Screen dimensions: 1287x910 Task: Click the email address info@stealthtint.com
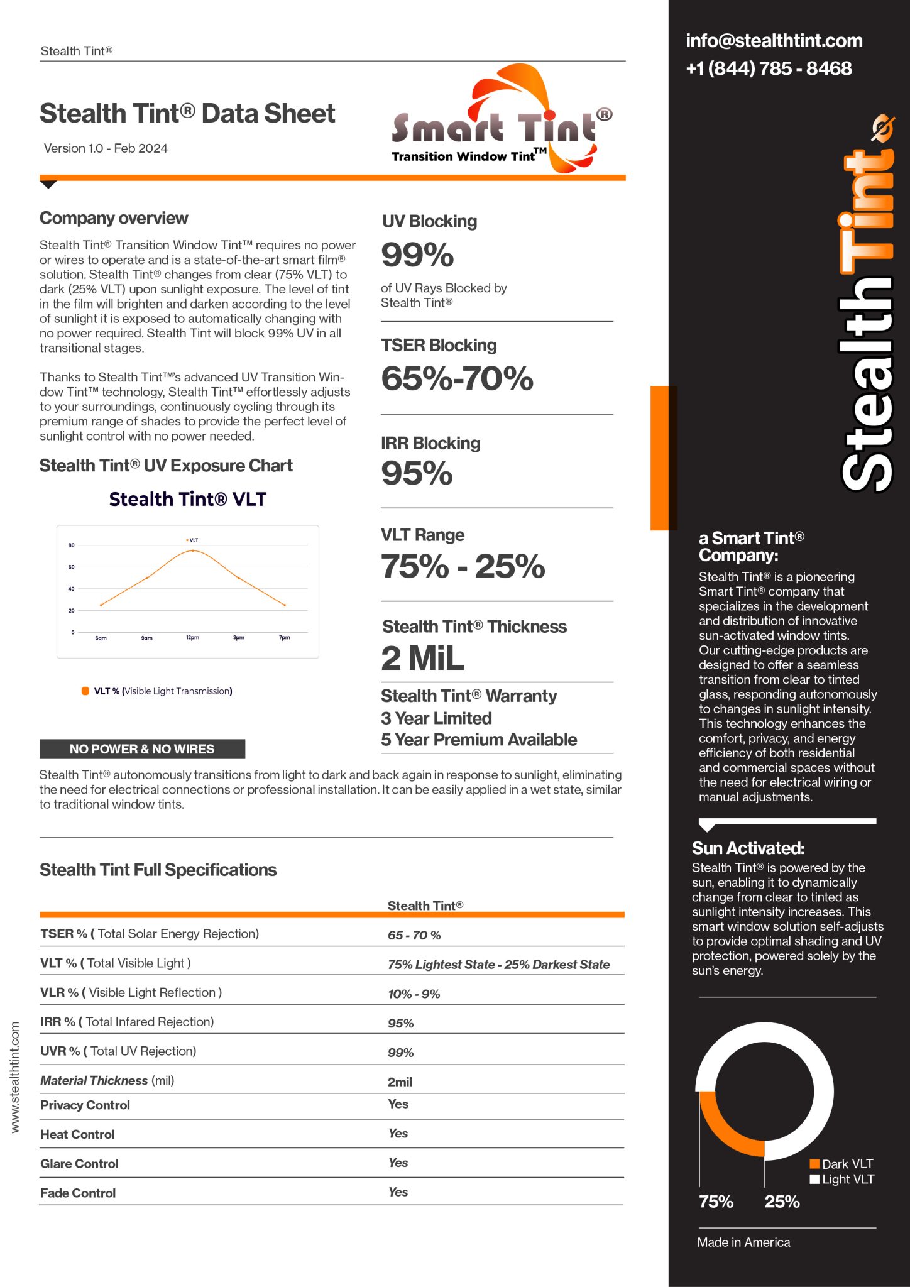(774, 41)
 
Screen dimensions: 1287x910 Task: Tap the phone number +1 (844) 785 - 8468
(769, 68)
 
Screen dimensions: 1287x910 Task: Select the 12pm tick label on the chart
(192, 637)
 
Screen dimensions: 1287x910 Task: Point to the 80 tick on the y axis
(72, 545)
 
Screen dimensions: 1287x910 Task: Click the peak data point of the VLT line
(192, 550)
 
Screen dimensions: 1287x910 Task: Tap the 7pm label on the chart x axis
(285, 637)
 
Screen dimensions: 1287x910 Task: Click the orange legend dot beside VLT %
(85, 691)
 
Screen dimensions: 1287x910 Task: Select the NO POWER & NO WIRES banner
(142, 748)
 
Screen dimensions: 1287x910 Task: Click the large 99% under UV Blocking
(417, 255)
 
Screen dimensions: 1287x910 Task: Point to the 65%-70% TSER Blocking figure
(457, 378)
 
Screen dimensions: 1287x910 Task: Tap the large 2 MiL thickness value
(422, 659)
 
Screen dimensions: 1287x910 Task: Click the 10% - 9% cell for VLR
(414, 994)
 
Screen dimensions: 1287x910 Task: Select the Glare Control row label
(79, 1163)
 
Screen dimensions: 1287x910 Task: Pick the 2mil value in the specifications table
(400, 1082)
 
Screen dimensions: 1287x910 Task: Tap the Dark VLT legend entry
(841, 1164)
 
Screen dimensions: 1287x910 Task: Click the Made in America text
(743, 1242)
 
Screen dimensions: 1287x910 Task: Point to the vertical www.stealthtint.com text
(15, 1077)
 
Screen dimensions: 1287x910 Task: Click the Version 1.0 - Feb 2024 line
(106, 148)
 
